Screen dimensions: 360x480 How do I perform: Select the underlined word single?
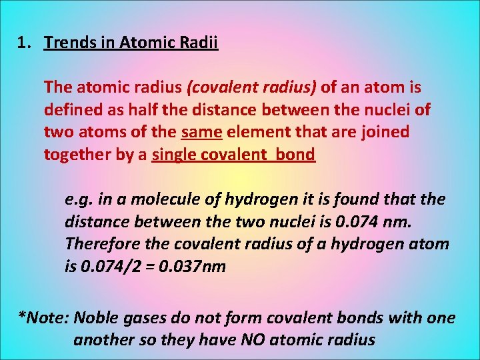[173, 155]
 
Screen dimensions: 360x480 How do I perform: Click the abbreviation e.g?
[79, 199]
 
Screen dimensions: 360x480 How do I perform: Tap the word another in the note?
[100, 340]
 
